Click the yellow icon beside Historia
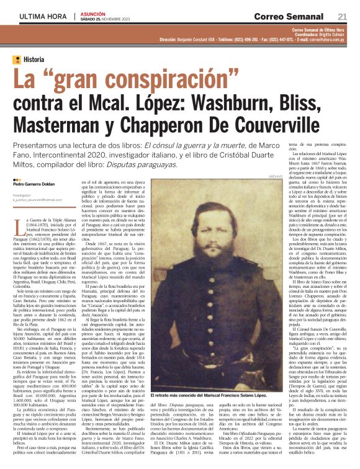[x=17, y=60]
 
